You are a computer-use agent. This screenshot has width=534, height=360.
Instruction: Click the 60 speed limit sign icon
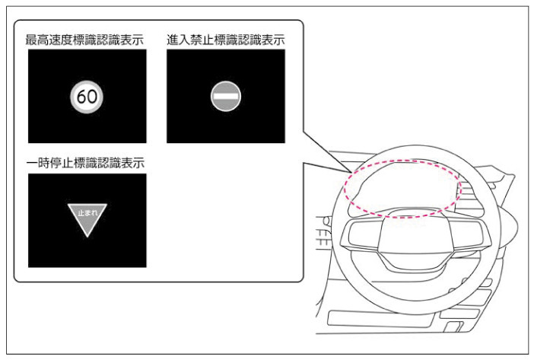pos(87,97)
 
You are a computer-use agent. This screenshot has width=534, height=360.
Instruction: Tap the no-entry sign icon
pos(226,97)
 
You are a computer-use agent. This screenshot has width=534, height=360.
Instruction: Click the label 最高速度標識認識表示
pos(84,40)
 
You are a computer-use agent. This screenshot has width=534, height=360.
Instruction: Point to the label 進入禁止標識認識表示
pos(226,40)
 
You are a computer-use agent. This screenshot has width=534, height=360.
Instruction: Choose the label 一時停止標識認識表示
pos(85,163)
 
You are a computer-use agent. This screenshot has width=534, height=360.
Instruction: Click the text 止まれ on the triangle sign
pos(87,213)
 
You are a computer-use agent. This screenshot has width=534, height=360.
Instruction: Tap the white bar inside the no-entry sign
pos(226,97)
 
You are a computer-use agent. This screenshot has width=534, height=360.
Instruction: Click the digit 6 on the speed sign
pos(81,97)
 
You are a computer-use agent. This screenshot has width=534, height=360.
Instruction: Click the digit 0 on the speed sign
pos(92,97)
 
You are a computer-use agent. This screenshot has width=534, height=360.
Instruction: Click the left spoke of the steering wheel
pos(361,235)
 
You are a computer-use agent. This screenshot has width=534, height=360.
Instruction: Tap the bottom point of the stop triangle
pos(87,237)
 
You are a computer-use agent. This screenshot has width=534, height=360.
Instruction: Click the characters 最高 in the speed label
pos(37,40)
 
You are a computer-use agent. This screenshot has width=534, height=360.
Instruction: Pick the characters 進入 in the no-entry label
pos(178,40)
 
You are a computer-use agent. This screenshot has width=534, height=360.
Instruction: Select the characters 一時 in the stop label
pos(38,163)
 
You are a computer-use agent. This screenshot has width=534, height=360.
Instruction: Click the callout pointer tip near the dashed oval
pos(351,172)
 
